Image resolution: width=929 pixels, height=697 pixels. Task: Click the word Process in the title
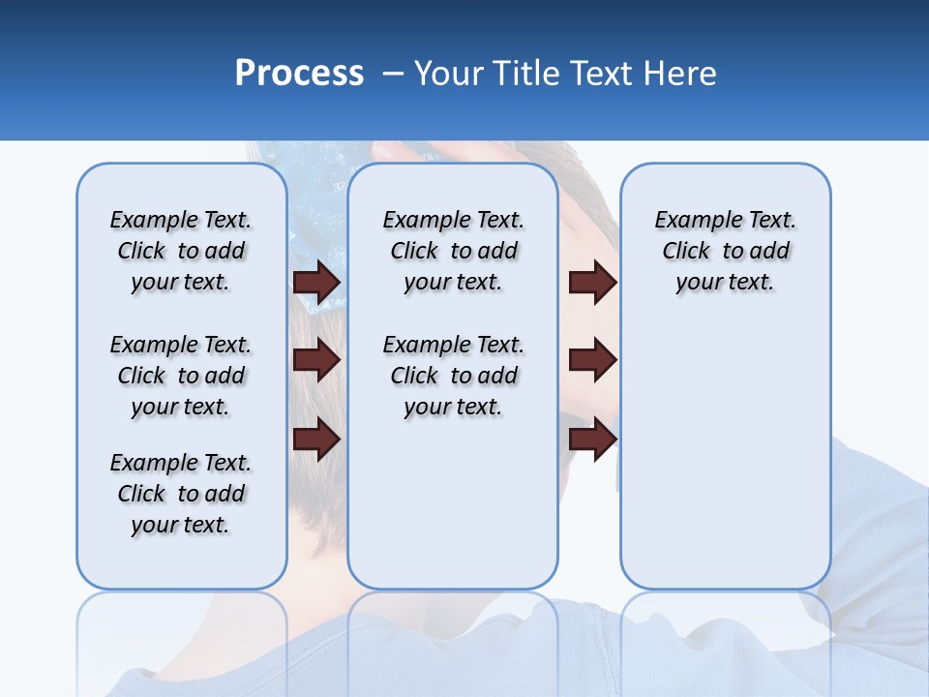click(x=299, y=73)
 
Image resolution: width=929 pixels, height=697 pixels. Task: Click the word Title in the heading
click(x=526, y=73)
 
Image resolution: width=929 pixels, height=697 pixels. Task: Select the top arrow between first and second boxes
click(x=315, y=282)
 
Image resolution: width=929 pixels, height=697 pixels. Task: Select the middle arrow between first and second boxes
click(x=315, y=360)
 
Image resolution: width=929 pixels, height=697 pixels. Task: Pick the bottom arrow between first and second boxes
click(x=315, y=439)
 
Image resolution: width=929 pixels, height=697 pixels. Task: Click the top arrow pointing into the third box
click(x=592, y=282)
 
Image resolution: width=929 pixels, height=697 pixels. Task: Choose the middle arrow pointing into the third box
click(x=592, y=360)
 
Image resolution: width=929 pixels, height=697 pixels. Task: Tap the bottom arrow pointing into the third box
click(x=592, y=439)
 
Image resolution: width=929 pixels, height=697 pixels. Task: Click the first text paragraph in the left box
click(x=181, y=251)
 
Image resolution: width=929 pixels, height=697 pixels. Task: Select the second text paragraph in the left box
click(x=181, y=376)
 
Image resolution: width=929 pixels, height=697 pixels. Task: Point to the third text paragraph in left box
click(x=181, y=494)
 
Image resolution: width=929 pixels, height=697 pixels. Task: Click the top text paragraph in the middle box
click(x=453, y=251)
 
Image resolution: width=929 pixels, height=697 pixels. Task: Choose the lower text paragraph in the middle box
click(x=453, y=376)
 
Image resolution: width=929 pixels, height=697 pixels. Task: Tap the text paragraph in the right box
click(x=725, y=251)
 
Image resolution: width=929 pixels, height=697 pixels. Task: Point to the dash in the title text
click(x=393, y=74)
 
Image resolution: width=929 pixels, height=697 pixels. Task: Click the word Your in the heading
click(x=449, y=73)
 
